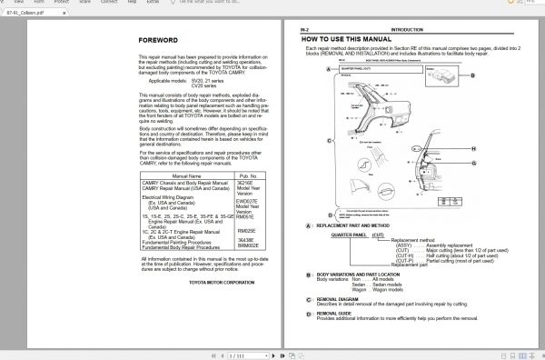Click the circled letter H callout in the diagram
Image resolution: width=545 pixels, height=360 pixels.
click(x=473, y=147)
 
